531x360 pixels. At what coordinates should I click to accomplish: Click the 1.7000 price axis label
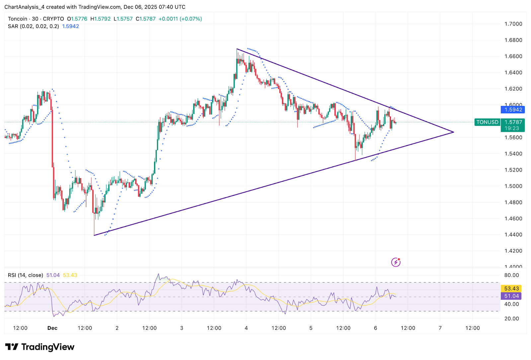513,24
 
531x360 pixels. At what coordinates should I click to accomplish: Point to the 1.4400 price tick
513,235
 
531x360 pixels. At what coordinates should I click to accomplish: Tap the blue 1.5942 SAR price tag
513,110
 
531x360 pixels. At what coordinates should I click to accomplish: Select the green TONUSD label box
487,122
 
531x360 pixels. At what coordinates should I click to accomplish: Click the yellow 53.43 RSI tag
511,289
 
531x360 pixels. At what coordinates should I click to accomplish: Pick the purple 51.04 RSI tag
511,296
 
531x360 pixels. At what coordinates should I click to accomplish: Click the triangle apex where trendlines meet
453,132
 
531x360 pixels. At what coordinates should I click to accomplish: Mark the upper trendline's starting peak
237,49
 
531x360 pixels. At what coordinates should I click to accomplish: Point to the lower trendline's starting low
94,235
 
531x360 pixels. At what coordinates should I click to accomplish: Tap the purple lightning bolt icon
396,262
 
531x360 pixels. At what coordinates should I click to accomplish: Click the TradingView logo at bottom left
40,347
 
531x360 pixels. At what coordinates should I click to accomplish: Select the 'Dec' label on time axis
52,328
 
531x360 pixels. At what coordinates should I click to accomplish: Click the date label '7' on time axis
440,328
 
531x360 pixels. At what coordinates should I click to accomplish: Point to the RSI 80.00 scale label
511,275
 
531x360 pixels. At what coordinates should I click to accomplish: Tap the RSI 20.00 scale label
511,319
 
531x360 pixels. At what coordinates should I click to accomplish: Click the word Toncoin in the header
18,19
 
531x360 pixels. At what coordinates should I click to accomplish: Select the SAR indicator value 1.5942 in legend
71,26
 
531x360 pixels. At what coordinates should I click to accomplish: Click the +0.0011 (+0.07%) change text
180,19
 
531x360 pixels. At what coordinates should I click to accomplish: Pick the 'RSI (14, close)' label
26,275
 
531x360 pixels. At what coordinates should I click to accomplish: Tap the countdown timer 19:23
512,128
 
